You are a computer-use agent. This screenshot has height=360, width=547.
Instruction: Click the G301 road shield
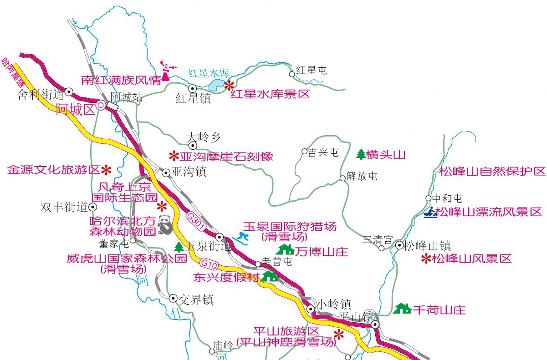[196, 222]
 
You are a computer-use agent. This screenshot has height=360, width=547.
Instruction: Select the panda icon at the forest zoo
[165, 224]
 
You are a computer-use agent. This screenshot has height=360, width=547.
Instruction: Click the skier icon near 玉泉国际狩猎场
[240, 237]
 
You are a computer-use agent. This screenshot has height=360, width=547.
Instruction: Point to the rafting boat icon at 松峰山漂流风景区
[430, 212]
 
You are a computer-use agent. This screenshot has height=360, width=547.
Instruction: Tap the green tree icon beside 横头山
[361, 155]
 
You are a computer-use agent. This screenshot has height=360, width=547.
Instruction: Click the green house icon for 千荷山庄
[402, 309]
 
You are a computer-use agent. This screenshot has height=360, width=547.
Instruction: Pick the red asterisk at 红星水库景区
[229, 85]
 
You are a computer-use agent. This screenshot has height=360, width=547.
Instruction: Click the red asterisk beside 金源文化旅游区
[106, 170]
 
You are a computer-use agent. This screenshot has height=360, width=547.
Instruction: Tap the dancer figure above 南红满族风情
[165, 71]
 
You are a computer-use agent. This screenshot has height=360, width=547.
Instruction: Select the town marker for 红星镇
[193, 88]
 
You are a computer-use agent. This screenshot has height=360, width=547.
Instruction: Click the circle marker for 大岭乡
[193, 146]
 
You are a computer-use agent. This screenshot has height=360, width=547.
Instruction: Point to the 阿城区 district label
[75, 110]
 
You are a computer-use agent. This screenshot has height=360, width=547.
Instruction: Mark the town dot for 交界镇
[173, 298]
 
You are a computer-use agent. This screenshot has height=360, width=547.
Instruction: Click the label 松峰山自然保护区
[492, 172]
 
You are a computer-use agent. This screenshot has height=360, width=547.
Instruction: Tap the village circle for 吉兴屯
[305, 151]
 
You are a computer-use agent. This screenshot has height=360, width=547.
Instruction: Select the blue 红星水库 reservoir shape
[217, 85]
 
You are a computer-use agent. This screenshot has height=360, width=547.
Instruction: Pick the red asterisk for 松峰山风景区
[426, 259]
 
